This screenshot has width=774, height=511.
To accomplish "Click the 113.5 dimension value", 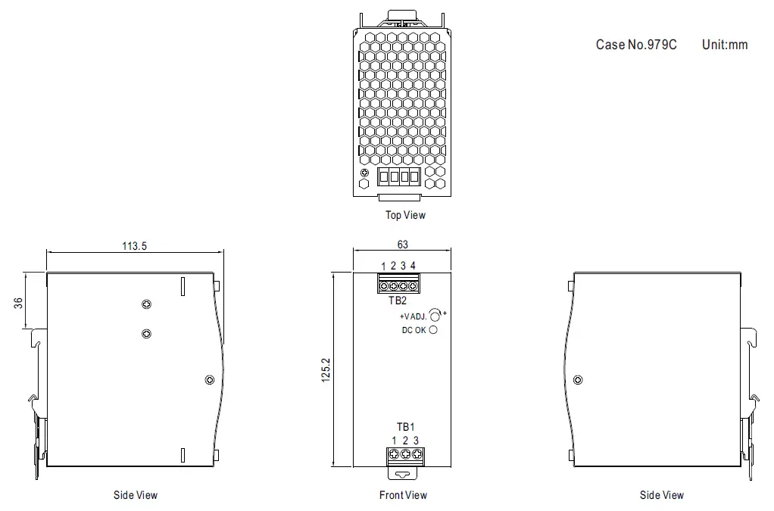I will pos(135,245).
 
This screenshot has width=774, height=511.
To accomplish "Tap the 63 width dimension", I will pos(402,245).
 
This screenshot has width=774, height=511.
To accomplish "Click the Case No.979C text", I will pos(636,45).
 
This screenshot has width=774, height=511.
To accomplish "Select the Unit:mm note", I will pos(725,45).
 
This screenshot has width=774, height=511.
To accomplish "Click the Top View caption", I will pos(405,215).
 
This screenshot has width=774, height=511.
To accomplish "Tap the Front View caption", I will pos(403,495).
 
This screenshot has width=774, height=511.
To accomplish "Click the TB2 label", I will pos(398,300).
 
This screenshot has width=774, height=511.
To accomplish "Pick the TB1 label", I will pos(405,428).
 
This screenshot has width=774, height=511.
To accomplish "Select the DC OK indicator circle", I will pos(433,330).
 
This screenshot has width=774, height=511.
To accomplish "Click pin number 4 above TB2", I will pos(413,265).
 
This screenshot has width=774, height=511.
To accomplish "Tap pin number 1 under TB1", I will pos(395,441).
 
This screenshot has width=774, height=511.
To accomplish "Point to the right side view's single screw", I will pos(579,379).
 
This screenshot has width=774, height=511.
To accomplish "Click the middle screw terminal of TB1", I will pos(405,454).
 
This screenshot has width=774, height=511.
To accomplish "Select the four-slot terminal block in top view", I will pos(398,177).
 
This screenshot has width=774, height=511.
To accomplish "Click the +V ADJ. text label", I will pos(413,316).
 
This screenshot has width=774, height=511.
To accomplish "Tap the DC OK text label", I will pos(414,330).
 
